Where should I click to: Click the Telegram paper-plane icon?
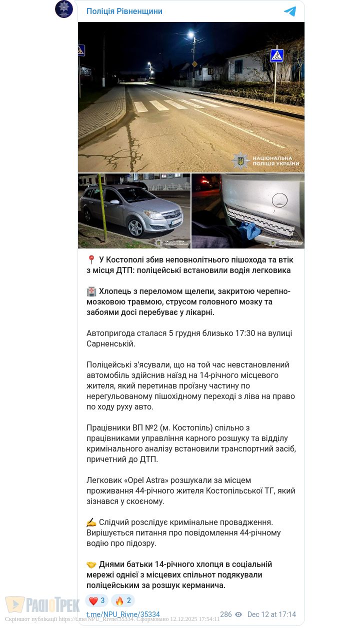290,11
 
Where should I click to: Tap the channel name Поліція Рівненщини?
124,11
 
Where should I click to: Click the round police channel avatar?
64,9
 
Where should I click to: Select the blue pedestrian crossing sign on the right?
276,55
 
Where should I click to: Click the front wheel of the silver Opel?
135,228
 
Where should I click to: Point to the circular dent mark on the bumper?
279,200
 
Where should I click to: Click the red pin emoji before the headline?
91,260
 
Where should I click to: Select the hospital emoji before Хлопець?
91,291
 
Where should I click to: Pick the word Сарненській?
111,344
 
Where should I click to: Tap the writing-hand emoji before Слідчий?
91,522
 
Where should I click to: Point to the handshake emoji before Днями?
91,564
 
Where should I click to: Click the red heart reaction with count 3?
97,600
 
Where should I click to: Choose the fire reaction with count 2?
123,600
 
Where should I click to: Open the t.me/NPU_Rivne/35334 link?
123,614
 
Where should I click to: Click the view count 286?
226,614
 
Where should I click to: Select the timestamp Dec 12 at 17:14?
271,614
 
